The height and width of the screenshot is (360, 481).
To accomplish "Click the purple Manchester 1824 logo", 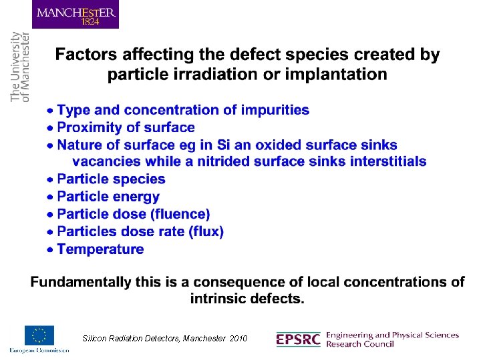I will [75, 15].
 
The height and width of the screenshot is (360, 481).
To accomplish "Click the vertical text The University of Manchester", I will [21, 67].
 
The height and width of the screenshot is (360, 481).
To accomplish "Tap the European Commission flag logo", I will [39, 336].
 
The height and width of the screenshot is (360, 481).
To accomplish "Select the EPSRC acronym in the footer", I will [298, 339].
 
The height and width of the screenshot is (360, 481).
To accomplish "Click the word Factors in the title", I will [82, 55].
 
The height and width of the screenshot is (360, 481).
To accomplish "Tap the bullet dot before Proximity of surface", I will [49, 128].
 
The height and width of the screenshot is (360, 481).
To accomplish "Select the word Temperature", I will [100, 249].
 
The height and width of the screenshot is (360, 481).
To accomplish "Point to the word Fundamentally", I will [81, 282].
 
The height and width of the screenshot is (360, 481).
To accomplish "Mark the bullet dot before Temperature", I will [49, 250].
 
